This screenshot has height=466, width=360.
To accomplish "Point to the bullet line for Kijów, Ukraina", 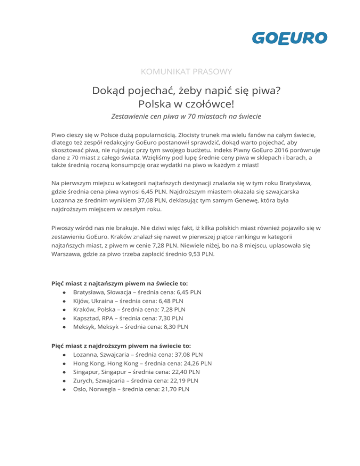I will [128, 301].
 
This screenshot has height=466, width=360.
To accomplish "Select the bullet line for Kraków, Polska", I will [129, 309].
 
